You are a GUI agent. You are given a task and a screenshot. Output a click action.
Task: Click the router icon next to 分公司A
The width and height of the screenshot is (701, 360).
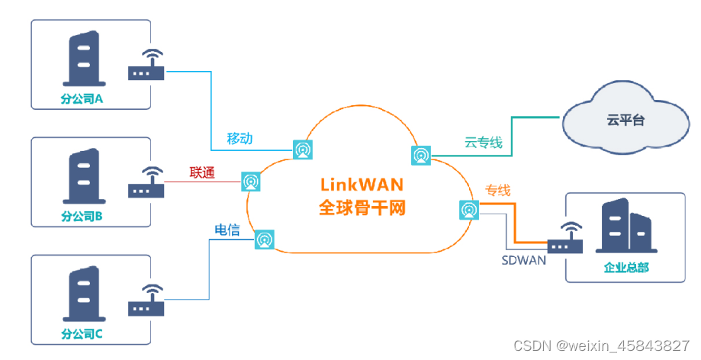[x=147, y=66]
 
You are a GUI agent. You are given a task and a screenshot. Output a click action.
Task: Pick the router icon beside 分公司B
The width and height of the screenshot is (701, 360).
[x=147, y=184]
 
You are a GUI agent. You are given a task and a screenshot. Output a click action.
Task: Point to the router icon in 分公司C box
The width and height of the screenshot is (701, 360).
[x=147, y=301]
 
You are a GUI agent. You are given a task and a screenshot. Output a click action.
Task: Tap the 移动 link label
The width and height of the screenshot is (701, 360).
[x=240, y=139]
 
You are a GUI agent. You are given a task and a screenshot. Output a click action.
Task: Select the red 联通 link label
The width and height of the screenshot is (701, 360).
[x=202, y=173]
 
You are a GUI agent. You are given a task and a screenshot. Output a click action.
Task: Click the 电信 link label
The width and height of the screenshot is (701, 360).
[x=227, y=230]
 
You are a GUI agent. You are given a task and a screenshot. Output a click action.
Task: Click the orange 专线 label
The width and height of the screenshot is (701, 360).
[x=497, y=190]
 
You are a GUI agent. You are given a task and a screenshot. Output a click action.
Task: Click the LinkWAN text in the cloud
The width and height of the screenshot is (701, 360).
[x=362, y=185]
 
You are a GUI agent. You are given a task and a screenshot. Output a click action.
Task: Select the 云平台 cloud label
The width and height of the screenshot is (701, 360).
[x=625, y=120]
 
